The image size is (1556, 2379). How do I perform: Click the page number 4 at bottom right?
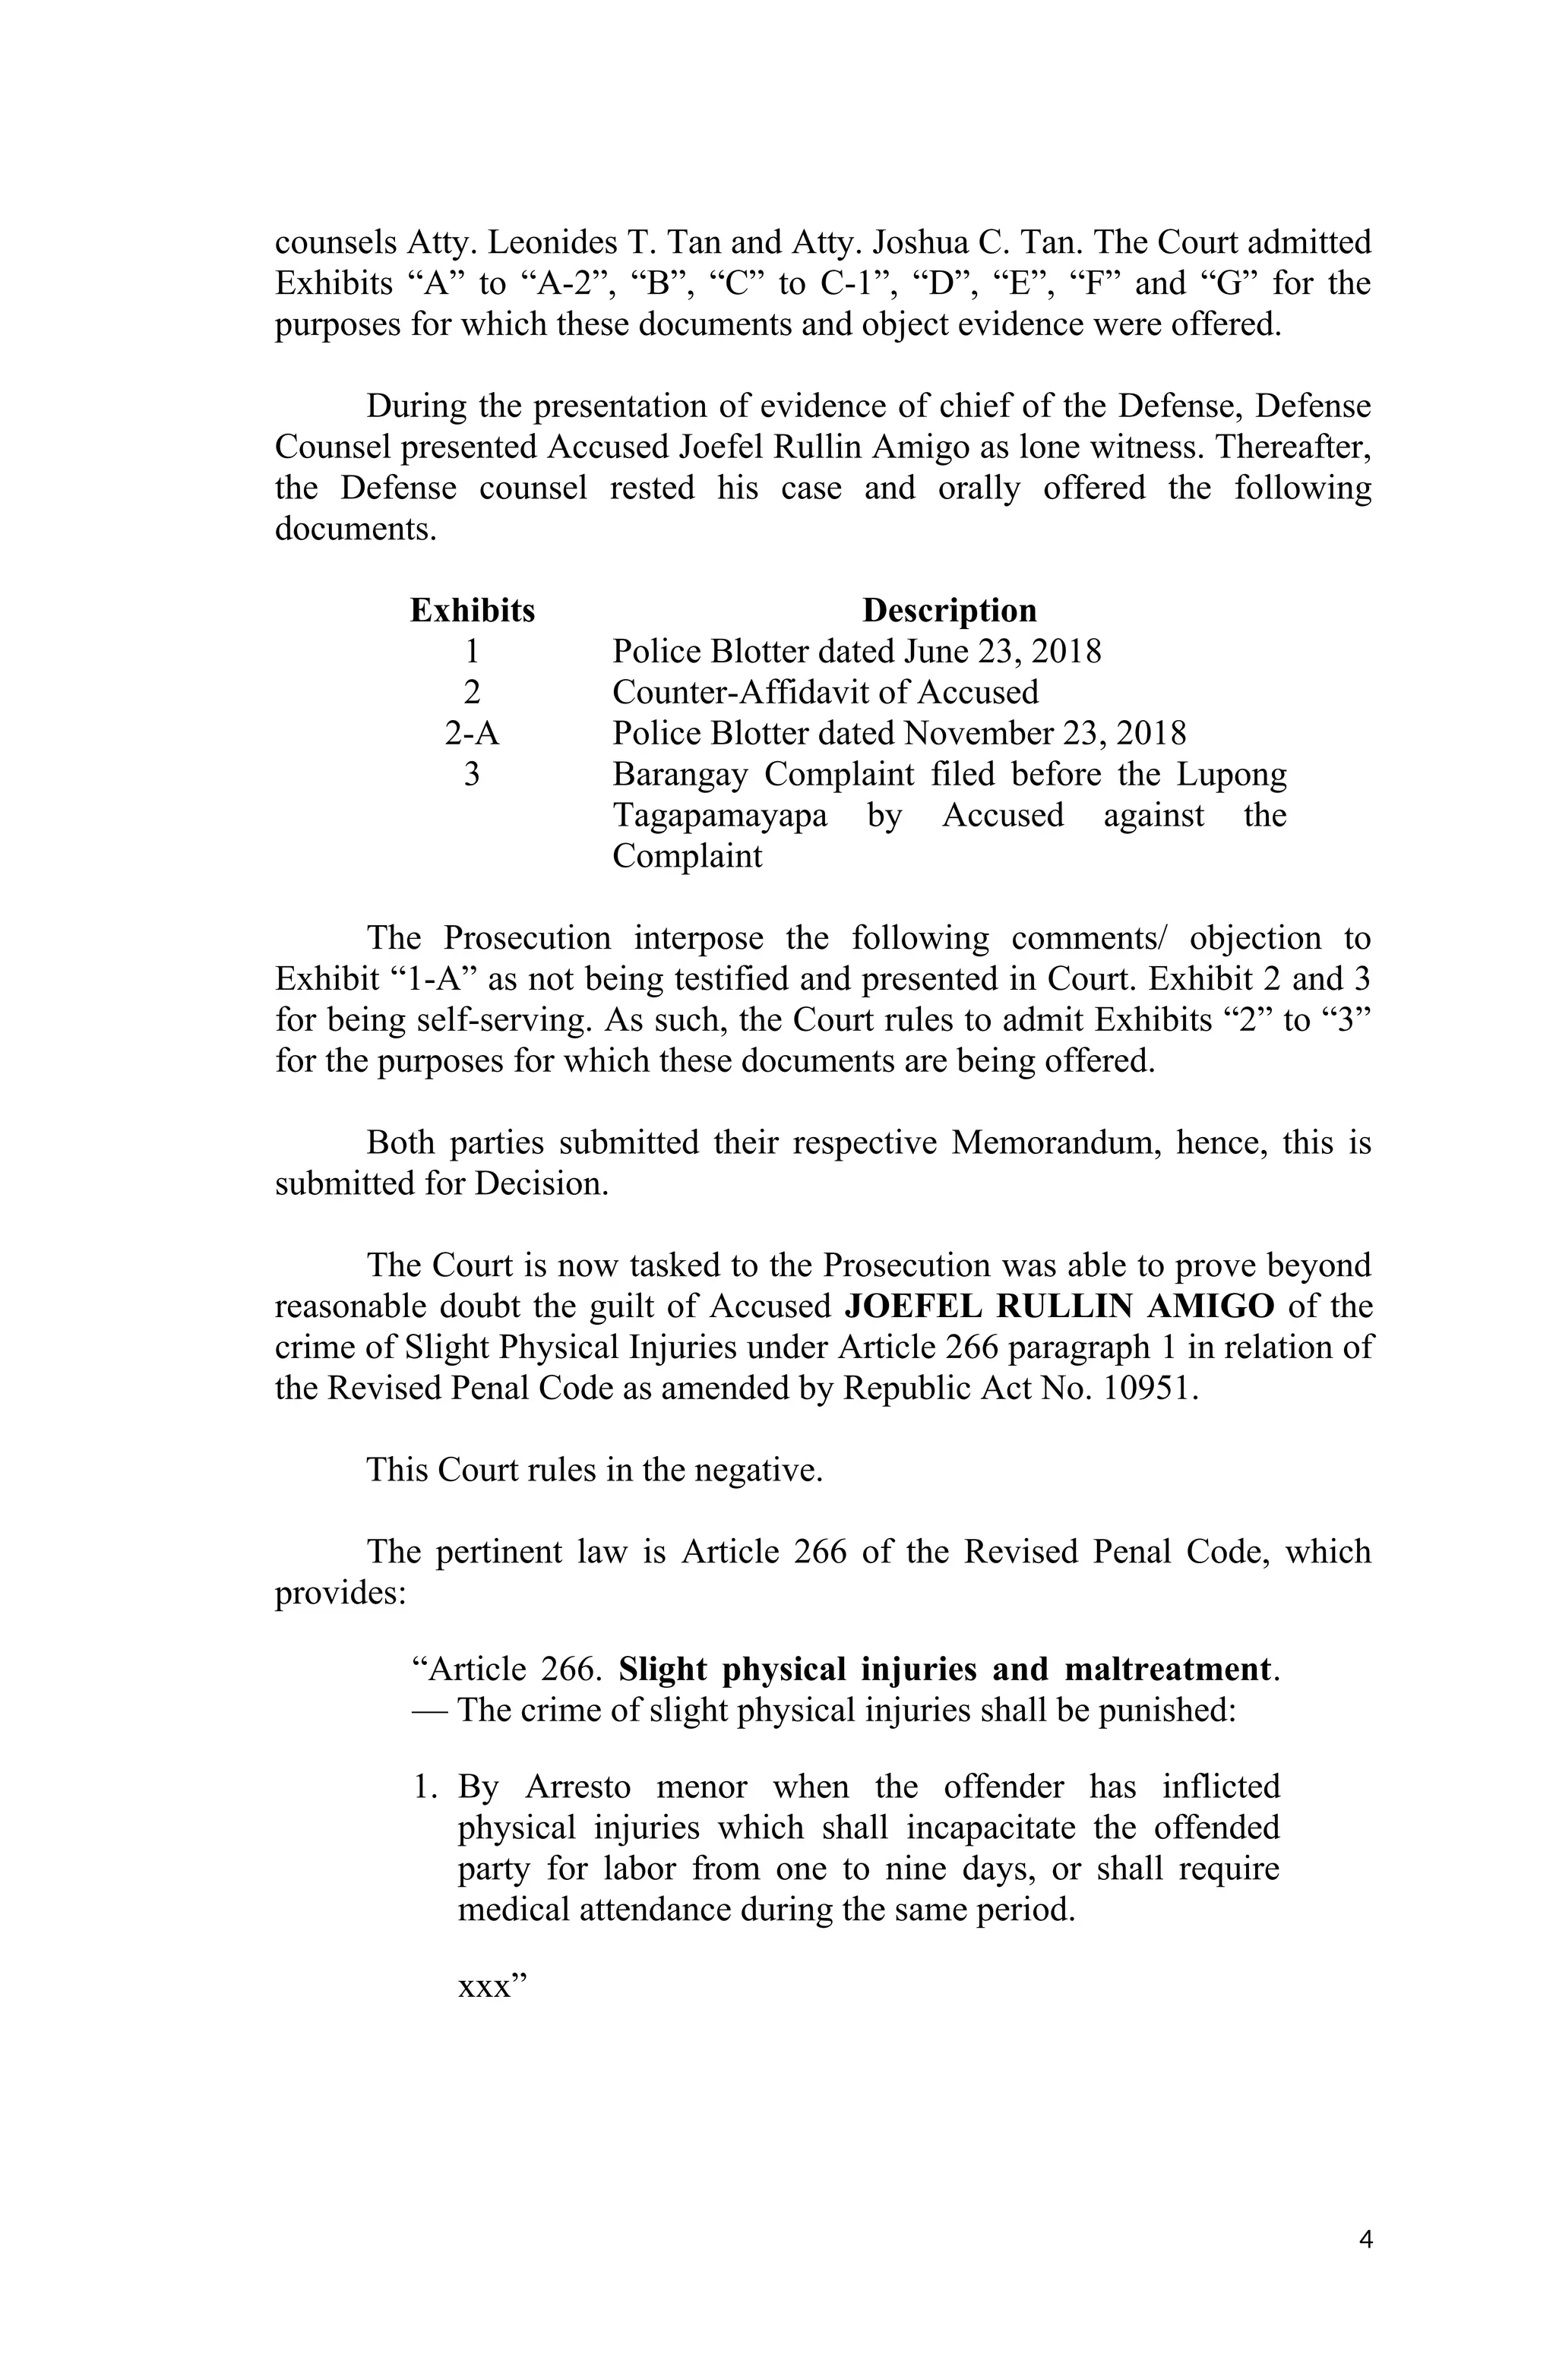pyautogui.click(x=1365, y=2239)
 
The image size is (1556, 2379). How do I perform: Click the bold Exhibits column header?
pyautogui.click(x=472, y=610)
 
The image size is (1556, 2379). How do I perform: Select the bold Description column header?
pyautogui.click(x=948, y=610)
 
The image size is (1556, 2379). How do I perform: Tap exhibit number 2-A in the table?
pyautogui.click(x=471, y=734)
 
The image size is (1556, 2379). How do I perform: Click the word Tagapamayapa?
pyautogui.click(x=719, y=816)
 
